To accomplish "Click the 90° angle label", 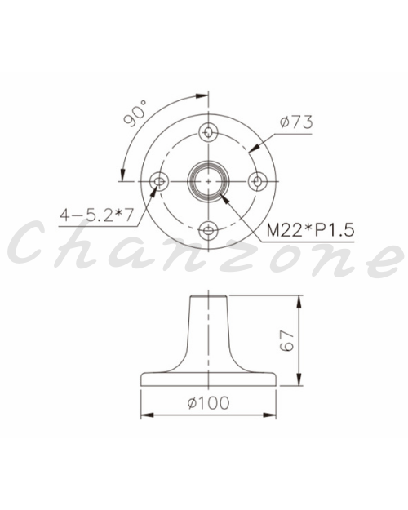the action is [135, 113].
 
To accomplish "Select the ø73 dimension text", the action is [296, 122].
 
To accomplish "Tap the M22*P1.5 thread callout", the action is [310, 230].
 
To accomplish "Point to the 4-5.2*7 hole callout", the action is [96, 215].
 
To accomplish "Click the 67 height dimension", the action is [287, 340].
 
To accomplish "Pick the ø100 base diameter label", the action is [209, 402].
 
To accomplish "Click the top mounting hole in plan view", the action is [208, 131].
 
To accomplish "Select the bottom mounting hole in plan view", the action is [208, 231].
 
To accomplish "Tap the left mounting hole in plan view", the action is [159, 181].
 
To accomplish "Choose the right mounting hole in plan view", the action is [258, 181].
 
